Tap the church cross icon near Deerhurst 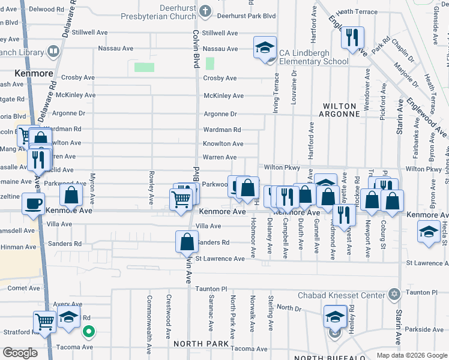click(x=205, y=11)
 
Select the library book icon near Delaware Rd click(x=53, y=52)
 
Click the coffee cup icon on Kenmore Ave click(x=33, y=203)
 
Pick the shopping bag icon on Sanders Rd click(x=187, y=242)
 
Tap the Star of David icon click(x=394, y=294)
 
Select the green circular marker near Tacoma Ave click(x=89, y=331)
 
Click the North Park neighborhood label click(x=201, y=344)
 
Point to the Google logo click(x=20, y=353)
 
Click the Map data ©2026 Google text click(x=412, y=355)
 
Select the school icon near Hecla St click(x=428, y=233)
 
